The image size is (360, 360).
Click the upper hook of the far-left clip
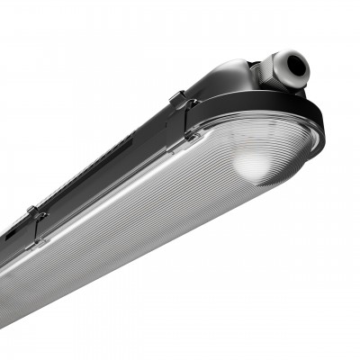[x=34, y=212]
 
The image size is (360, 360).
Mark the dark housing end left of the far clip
[x=11, y=241]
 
